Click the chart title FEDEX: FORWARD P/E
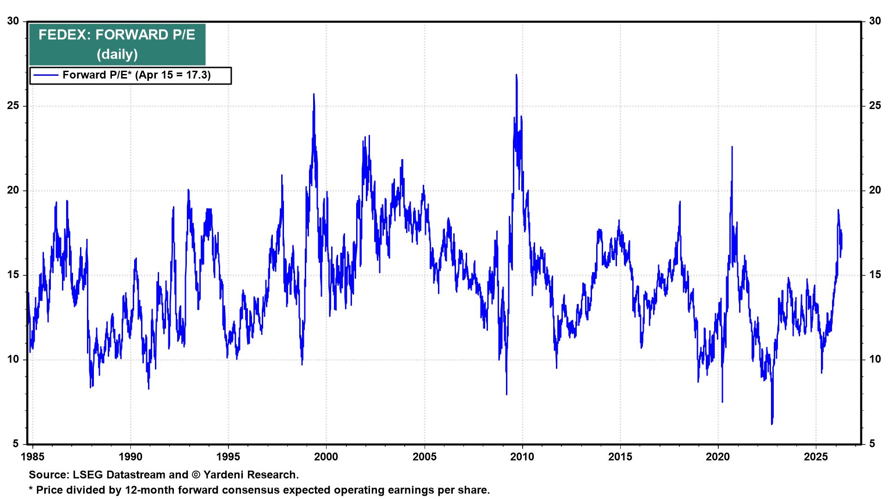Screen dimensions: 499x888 pos(117,35)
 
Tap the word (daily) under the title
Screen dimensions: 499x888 pos(117,55)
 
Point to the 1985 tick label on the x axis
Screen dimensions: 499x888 pos(33,457)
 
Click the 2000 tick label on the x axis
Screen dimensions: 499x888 pos(327,457)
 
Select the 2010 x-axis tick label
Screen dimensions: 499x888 pos(522,457)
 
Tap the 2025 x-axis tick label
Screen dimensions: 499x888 pos(816,457)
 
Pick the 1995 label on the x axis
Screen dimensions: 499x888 pos(228,457)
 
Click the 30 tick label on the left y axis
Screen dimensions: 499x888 pos(13,21)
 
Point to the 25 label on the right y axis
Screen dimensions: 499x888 pos(875,106)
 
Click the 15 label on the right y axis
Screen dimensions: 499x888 pos(875,275)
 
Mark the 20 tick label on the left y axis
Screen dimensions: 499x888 pos(13,190)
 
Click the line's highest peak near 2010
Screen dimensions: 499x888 pos(516,75)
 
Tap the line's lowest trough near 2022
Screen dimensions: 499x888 pos(772,423)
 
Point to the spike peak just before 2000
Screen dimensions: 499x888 pos(314,94)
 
